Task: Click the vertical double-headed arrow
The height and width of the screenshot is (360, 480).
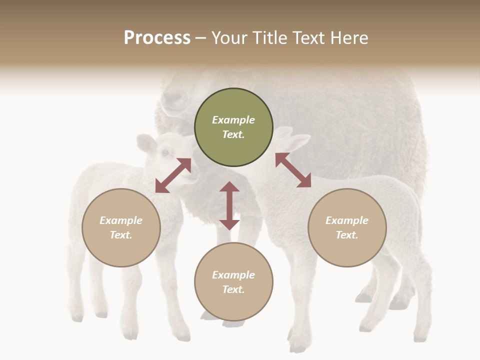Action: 229,205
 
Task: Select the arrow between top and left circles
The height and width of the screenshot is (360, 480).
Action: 173,175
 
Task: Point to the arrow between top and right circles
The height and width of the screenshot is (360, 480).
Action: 293,170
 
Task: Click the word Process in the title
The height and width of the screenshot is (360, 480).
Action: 157,38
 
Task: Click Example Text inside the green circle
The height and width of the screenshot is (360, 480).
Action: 233,127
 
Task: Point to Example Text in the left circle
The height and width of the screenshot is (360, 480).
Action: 121,227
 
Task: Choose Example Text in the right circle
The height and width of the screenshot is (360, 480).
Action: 347,227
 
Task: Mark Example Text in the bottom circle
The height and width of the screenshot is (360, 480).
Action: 233,282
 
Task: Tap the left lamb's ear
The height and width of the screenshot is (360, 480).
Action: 146,144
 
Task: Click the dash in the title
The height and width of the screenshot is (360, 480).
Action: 200,38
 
